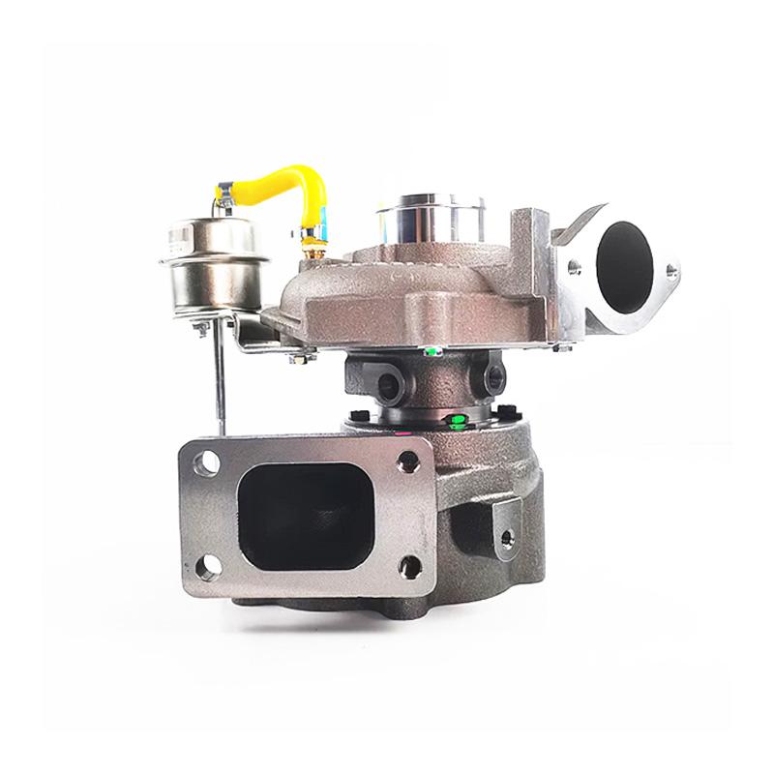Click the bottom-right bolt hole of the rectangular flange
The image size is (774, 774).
pos(410,566)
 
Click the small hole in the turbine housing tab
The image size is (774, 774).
pos(503,535)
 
